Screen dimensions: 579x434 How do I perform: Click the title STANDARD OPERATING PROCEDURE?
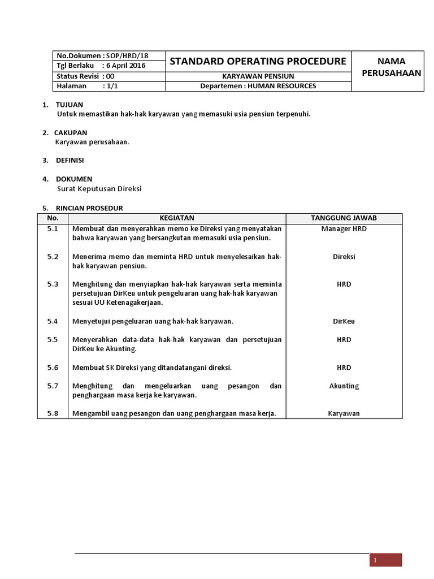pyautogui.click(x=258, y=61)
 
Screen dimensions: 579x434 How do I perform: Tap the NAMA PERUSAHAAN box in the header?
pyautogui.click(x=387, y=67)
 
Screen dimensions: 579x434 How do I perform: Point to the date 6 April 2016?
pyautogui.click(x=126, y=66)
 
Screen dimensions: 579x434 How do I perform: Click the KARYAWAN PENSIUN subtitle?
pyautogui.click(x=258, y=76)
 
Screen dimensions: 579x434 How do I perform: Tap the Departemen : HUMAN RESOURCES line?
pyautogui.click(x=258, y=86)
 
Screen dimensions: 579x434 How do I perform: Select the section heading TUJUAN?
pyautogui.click(x=69, y=105)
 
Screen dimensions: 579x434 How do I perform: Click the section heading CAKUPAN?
pyautogui.click(x=71, y=132)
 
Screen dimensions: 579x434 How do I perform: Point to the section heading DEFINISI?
pyautogui.click(x=70, y=160)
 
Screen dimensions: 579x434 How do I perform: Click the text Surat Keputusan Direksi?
pyautogui.click(x=99, y=189)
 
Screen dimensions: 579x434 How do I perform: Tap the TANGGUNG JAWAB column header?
pyautogui.click(x=344, y=218)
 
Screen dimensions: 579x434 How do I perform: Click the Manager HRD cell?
pyautogui.click(x=344, y=228)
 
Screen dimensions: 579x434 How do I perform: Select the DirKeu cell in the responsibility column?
pyautogui.click(x=344, y=321)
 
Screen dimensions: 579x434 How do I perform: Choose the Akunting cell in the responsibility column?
pyautogui.click(x=344, y=386)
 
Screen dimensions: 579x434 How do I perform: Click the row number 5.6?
pyautogui.click(x=53, y=368)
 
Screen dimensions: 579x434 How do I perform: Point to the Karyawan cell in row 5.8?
pyautogui.click(x=344, y=413)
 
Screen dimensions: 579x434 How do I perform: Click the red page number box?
pyautogui.click(x=385, y=560)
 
